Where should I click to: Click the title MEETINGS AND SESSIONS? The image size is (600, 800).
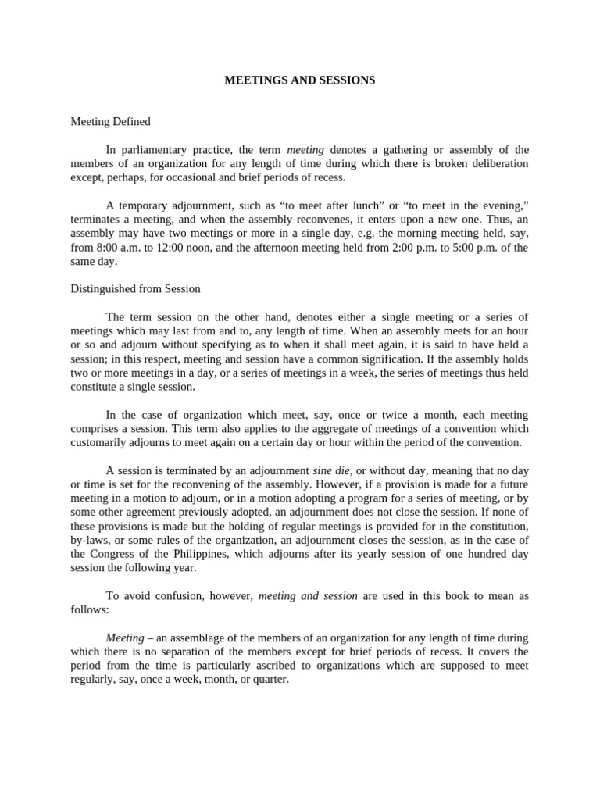300,80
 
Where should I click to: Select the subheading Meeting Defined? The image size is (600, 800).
110,122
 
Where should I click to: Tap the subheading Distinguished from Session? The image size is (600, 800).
135,289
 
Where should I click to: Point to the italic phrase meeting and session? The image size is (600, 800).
308,596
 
